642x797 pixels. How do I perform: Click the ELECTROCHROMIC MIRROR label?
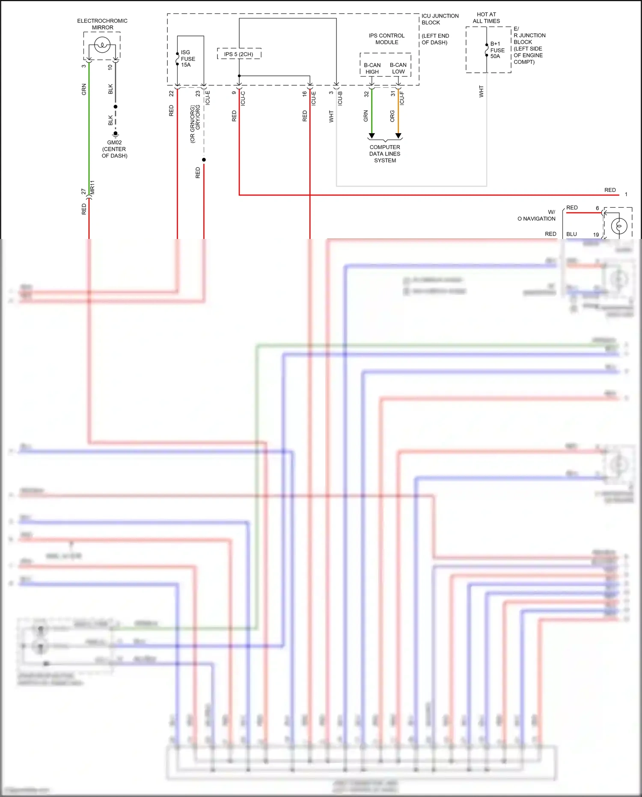click(x=102, y=24)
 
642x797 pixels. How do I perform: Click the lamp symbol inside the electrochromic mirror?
click(x=102, y=45)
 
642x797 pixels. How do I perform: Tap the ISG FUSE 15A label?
click(x=187, y=59)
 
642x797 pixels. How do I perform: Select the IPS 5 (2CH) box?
click(x=239, y=54)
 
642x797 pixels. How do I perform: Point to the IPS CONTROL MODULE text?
click(x=386, y=39)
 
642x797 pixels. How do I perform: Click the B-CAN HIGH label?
click(x=372, y=69)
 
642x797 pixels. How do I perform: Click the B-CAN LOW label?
click(x=398, y=69)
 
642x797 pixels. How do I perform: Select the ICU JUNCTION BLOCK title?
click(x=440, y=19)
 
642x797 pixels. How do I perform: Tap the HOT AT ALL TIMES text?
click(x=486, y=18)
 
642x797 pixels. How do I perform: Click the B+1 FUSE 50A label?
click(x=497, y=50)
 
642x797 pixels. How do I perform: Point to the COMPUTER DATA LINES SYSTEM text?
click(x=385, y=154)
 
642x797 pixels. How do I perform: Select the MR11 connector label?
click(x=92, y=188)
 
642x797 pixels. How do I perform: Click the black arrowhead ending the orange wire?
click(x=398, y=136)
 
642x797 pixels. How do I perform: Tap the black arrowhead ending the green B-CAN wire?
click(x=372, y=136)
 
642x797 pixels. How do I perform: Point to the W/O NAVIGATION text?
click(x=537, y=215)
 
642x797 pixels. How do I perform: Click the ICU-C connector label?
click(x=243, y=98)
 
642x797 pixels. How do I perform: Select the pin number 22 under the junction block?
click(x=171, y=93)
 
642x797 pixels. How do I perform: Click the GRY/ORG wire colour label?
click(x=198, y=117)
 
